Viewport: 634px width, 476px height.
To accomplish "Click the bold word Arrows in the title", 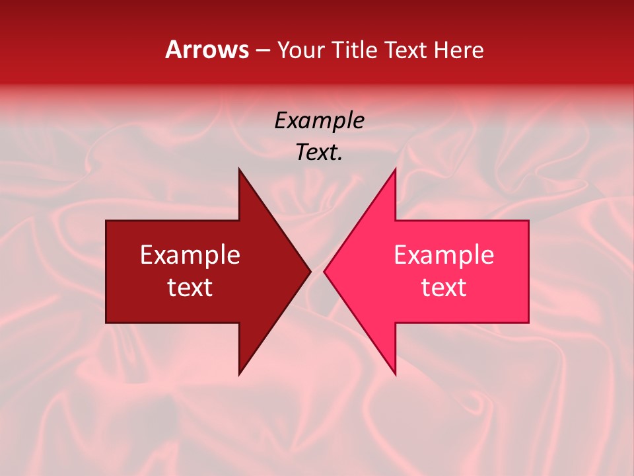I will point(207,50).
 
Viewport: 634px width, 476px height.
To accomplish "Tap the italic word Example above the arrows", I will point(319,121).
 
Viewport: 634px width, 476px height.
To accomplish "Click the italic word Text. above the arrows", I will point(319,153).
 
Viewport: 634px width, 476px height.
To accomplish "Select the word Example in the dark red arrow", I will point(190,255).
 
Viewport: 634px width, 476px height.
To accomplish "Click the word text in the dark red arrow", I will point(190,288).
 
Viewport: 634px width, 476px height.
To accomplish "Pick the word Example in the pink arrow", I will point(444,255).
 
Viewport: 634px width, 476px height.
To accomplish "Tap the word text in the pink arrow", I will point(444,288).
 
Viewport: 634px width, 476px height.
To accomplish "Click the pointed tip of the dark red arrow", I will point(310,271).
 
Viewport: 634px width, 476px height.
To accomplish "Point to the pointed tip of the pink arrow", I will point(324,271).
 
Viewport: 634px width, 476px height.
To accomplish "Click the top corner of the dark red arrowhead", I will point(239,169).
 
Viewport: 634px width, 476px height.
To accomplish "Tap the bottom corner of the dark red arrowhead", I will point(239,374).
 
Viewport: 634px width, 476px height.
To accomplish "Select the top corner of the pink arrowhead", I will point(395,169).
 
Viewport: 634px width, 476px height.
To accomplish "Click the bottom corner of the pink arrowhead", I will point(395,374).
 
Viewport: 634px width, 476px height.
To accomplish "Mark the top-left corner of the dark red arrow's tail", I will point(106,221).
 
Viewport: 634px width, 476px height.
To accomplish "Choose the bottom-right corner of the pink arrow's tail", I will point(528,323).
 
